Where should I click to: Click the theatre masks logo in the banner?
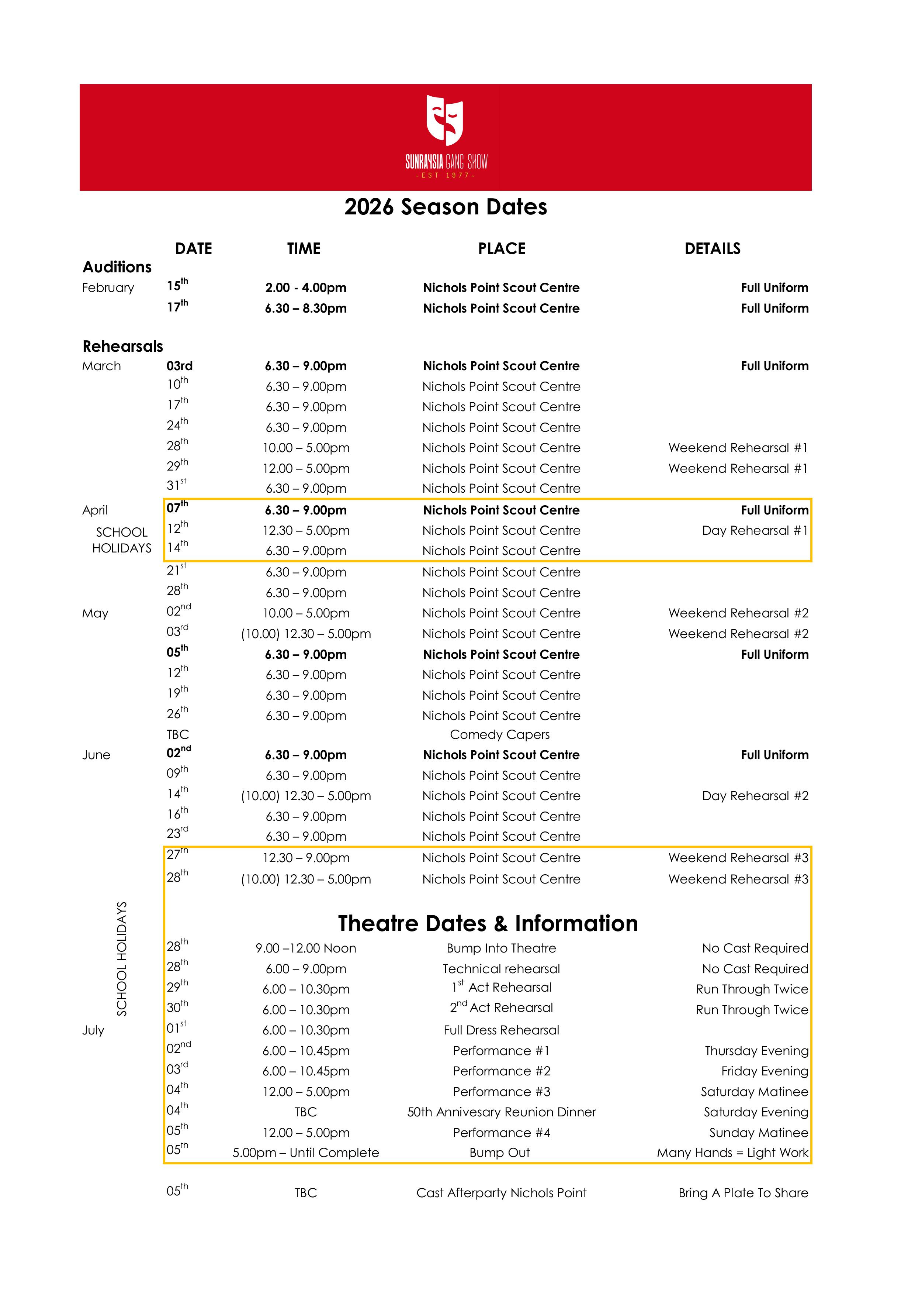[x=444, y=120]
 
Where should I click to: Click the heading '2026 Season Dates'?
[x=446, y=207]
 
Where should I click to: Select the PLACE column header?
[x=501, y=249]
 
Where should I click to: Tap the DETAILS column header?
[x=712, y=249]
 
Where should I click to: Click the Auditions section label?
[x=117, y=267]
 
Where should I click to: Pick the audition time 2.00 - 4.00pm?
[x=306, y=287]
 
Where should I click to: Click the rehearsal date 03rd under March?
[x=179, y=366]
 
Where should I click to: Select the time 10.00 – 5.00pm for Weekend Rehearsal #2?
[x=306, y=613]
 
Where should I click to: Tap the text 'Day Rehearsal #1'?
[x=754, y=531]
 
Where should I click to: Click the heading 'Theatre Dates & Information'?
[x=488, y=923]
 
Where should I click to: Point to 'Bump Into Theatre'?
[x=501, y=948]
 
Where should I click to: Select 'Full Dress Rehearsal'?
[x=501, y=1030]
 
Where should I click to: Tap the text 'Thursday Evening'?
[x=756, y=1051]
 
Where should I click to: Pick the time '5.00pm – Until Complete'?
[x=306, y=1153]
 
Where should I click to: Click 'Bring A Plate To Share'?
[x=743, y=1193]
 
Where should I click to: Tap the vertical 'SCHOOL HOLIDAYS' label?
[x=122, y=959]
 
